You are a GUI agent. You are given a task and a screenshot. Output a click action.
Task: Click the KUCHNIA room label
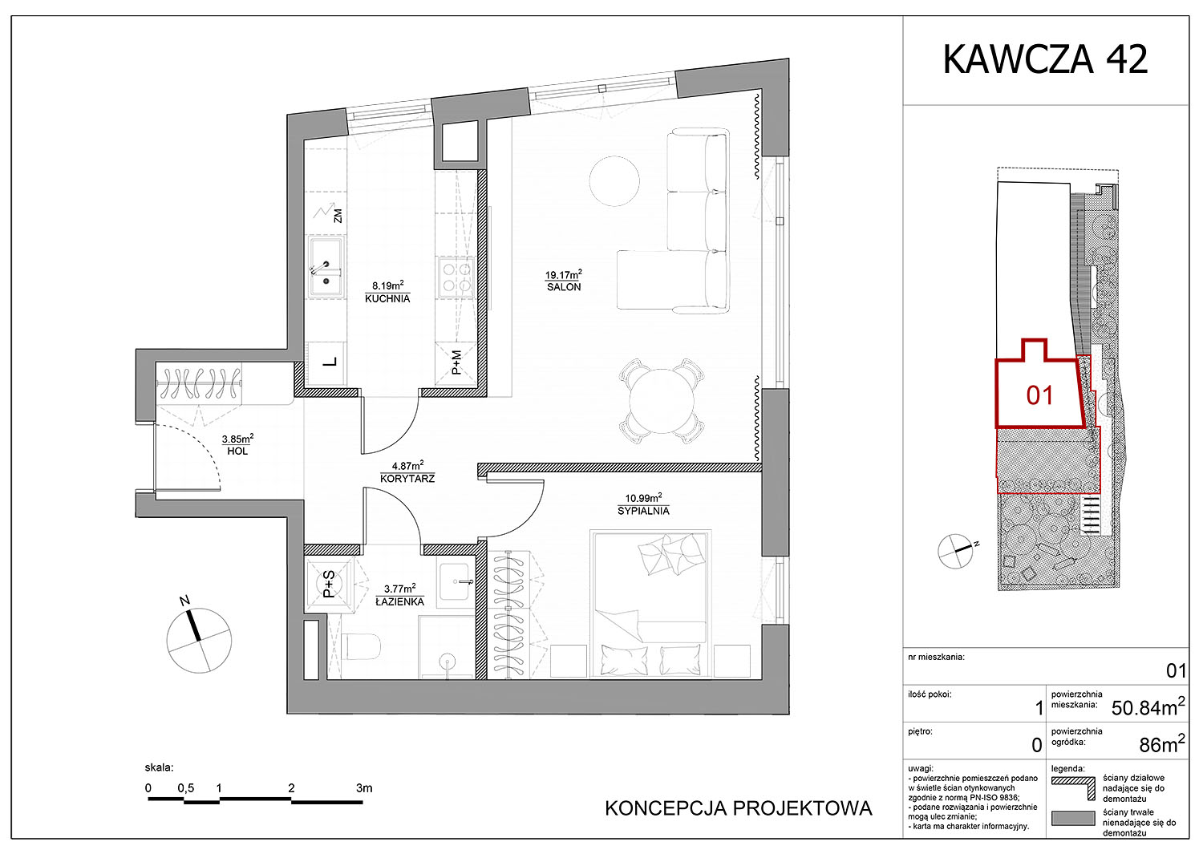[387, 298]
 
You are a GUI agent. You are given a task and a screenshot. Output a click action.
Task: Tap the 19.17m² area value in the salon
[563, 274]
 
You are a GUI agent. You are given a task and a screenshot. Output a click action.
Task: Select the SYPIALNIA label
[643, 511]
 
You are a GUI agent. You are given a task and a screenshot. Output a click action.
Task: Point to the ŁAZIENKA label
[399, 601]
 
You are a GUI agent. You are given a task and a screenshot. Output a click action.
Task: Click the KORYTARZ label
[407, 478]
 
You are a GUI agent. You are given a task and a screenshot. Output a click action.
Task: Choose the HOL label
[237, 451]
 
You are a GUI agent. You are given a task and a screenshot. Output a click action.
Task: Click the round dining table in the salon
[662, 401]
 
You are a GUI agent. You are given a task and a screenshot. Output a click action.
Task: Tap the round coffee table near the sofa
[614, 180]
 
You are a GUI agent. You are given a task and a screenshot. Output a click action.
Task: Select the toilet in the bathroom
[361, 646]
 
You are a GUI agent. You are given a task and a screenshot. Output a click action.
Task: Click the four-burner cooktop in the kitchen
[456, 277]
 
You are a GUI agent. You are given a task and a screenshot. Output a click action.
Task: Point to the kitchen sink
[326, 267]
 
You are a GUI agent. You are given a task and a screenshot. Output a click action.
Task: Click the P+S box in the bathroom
[329, 585]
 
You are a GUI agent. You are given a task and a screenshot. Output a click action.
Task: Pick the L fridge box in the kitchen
[326, 363]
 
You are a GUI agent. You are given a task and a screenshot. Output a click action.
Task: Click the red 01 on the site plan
[1039, 395]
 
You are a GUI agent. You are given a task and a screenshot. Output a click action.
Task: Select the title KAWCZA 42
[1045, 59]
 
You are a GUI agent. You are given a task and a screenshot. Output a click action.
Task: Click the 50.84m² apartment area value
[1148, 708]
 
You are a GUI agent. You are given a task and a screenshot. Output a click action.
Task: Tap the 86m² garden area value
[1162, 744]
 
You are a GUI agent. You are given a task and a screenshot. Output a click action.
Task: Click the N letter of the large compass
[184, 601]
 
